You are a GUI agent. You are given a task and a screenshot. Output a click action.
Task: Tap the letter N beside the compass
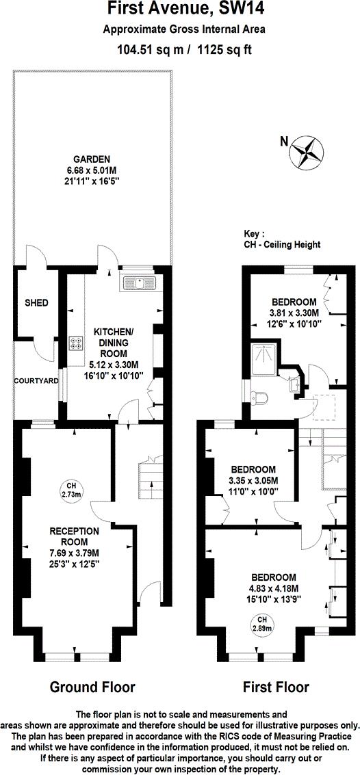pyautogui.click(x=284, y=142)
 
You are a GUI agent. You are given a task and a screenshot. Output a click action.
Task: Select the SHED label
pyautogui.click(x=36, y=302)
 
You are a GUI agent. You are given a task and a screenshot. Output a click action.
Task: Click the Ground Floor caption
pyautogui.click(x=92, y=687)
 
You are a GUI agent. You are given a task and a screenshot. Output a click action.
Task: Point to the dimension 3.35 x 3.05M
pyautogui.click(x=253, y=480)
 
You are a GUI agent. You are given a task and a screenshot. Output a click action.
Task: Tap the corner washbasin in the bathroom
pyautogui.click(x=294, y=384)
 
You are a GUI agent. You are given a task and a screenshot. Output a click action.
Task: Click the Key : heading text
pyautogui.click(x=254, y=233)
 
